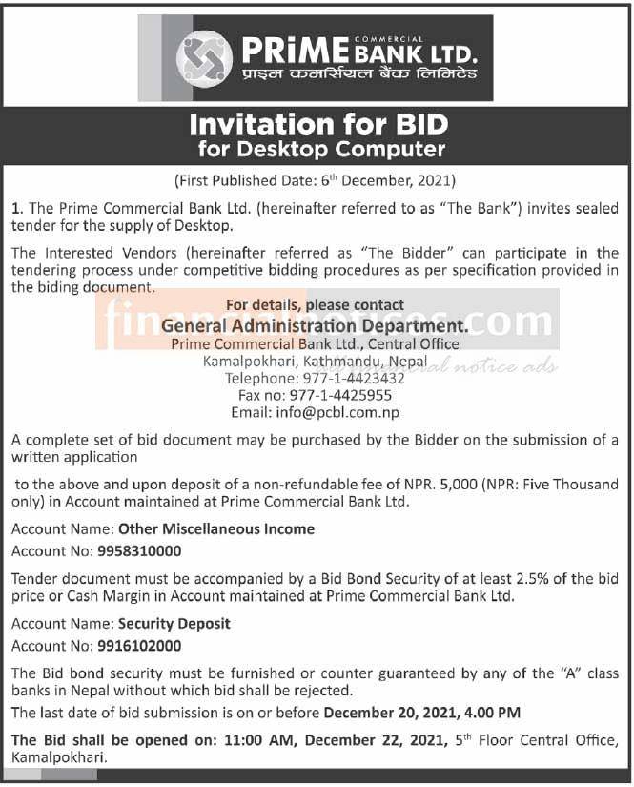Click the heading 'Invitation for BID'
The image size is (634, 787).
(x=317, y=125)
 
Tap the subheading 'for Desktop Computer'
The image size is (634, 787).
(x=322, y=149)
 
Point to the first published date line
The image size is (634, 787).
(x=316, y=180)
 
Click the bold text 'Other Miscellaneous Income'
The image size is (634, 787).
(x=215, y=528)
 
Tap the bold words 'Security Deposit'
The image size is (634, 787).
(x=174, y=623)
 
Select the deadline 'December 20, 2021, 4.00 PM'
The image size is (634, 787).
(x=420, y=712)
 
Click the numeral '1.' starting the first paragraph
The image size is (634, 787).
(x=16, y=208)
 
